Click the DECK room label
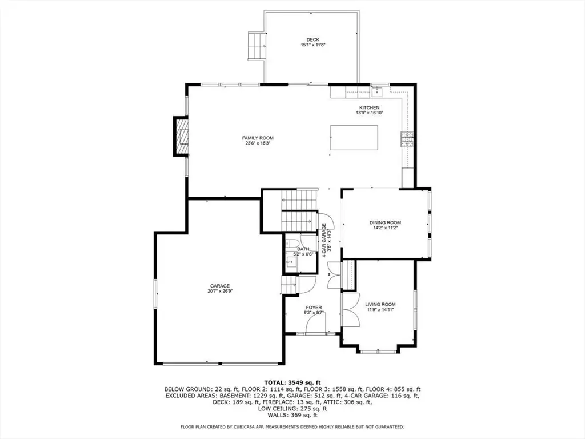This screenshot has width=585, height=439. coord(312,39)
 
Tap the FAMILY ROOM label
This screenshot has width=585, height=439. coord(258,138)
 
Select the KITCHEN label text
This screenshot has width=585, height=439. coord(370,107)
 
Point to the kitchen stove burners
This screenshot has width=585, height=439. coord(407,139)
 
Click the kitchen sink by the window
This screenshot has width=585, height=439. coord(377,91)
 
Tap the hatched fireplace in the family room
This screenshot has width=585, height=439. coord(181,136)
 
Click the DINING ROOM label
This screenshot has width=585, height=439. coord(386,222)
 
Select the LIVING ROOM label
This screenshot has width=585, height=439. coord(380,304)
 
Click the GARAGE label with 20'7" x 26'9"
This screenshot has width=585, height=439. coord(220,286)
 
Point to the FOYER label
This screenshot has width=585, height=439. coord(313,308)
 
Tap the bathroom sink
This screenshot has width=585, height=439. coord(291,262)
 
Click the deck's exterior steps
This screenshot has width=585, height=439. coord(257,46)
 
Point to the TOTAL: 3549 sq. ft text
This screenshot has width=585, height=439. coord(292,382)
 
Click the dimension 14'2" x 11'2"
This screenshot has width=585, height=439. coord(386,228)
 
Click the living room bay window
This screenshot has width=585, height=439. coord(378,351)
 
